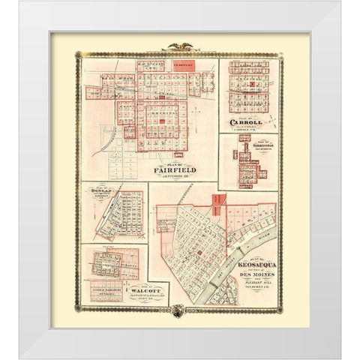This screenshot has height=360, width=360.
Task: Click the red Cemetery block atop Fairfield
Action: point(184,65)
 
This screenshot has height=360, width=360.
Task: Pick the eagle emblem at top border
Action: point(181,46)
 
